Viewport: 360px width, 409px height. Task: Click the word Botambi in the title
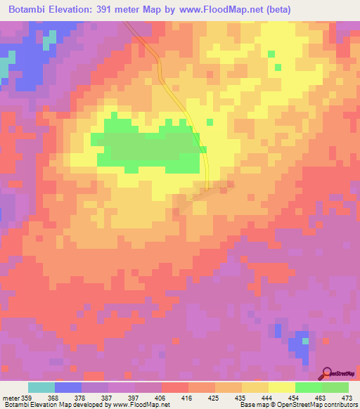point(27,10)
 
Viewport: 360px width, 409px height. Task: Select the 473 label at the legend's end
point(347,398)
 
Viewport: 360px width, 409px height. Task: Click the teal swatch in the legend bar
point(41,387)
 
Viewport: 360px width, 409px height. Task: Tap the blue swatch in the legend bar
point(68,387)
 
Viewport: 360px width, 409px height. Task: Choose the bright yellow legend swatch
point(281,387)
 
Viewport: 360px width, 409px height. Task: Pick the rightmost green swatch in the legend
point(335,387)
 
